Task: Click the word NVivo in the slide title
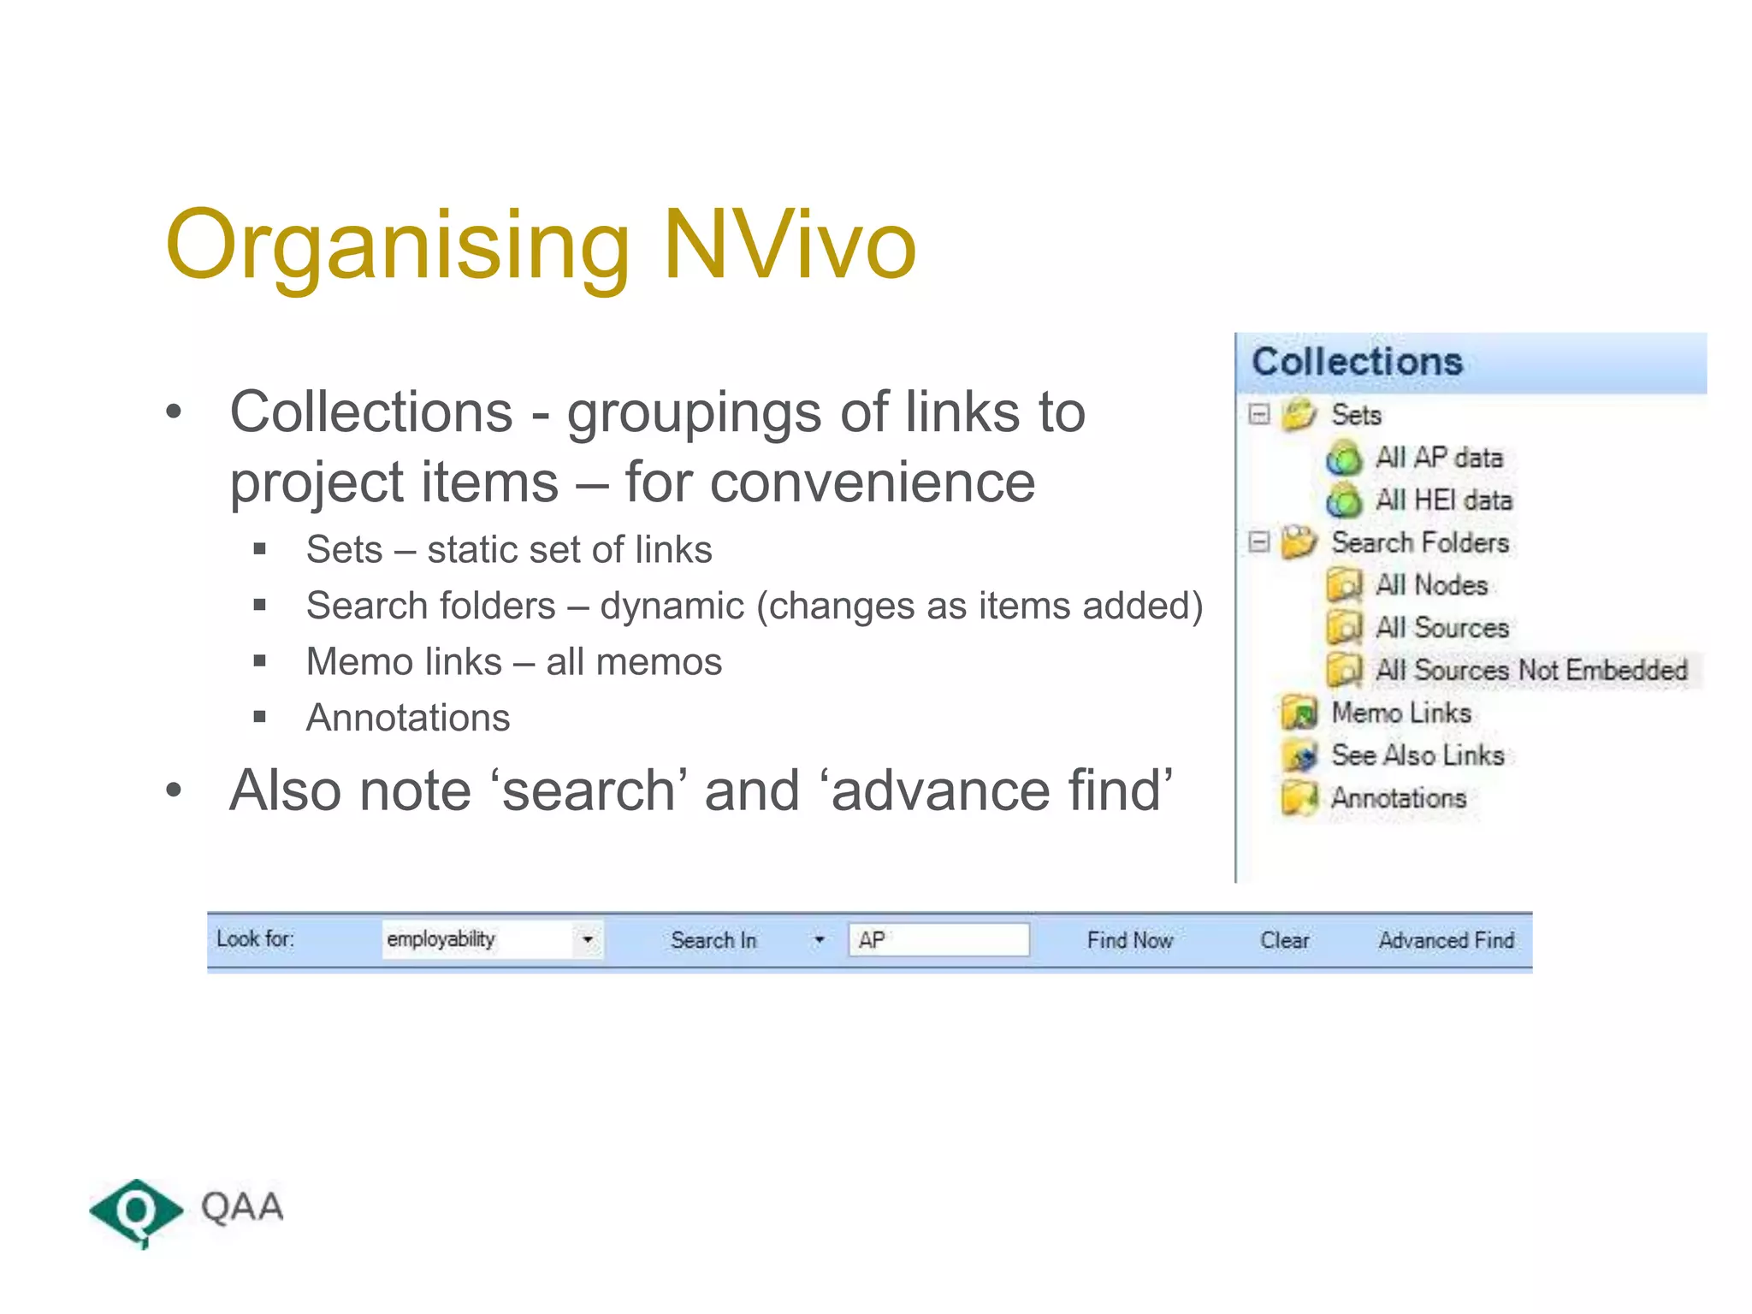(789, 246)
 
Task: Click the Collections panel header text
(1357, 362)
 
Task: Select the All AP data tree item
(1438, 458)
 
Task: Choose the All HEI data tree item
(1443, 500)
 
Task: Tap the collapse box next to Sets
(1258, 414)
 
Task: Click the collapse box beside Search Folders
(1258, 542)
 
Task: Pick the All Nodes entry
(1431, 585)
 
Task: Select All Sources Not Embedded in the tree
(1530, 670)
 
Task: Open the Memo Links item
(1400, 713)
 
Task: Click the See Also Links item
(1417, 755)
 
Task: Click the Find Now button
(1129, 940)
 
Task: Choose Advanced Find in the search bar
(1446, 940)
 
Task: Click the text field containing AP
(938, 940)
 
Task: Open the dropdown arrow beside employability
(588, 939)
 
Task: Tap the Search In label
(713, 940)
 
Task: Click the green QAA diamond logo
(135, 1211)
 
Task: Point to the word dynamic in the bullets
(672, 607)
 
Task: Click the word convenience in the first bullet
(872, 482)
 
